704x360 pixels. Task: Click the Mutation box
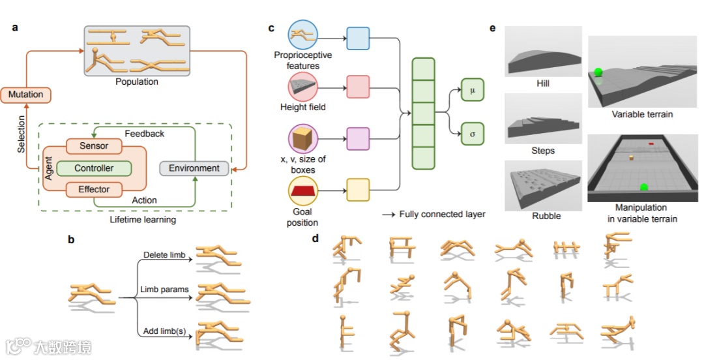click(26, 95)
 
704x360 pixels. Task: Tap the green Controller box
click(94, 168)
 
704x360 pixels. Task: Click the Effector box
click(94, 190)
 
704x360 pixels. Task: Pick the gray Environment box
click(194, 168)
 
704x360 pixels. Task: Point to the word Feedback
click(144, 134)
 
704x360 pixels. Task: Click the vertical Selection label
click(22, 134)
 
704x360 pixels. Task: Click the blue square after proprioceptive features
click(358, 38)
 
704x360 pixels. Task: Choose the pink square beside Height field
click(358, 86)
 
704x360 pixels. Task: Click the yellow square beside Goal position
click(358, 190)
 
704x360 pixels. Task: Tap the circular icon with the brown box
click(302, 138)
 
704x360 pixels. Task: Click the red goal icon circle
click(302, 190)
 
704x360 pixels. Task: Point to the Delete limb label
click(163, 254)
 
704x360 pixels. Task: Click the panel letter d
click(315, 239)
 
